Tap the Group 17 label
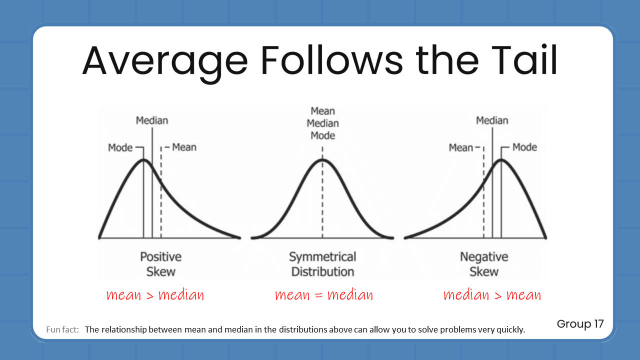coord(580,324)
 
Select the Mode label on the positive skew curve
coord(120,147)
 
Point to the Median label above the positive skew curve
coord(152,120)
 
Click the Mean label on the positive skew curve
coord(184,147)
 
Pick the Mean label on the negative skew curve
coord(460,147)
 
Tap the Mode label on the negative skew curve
coord(524,147)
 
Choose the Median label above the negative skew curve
coord(492,120)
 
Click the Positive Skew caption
coord(160,264)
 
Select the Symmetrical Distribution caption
coord(322,264)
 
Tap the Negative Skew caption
coord(484,264)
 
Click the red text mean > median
coord(155,295)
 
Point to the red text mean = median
coord(324,295)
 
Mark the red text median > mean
coord(492,295)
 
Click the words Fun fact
coord(62,330)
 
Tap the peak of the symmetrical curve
coord(322,159)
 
